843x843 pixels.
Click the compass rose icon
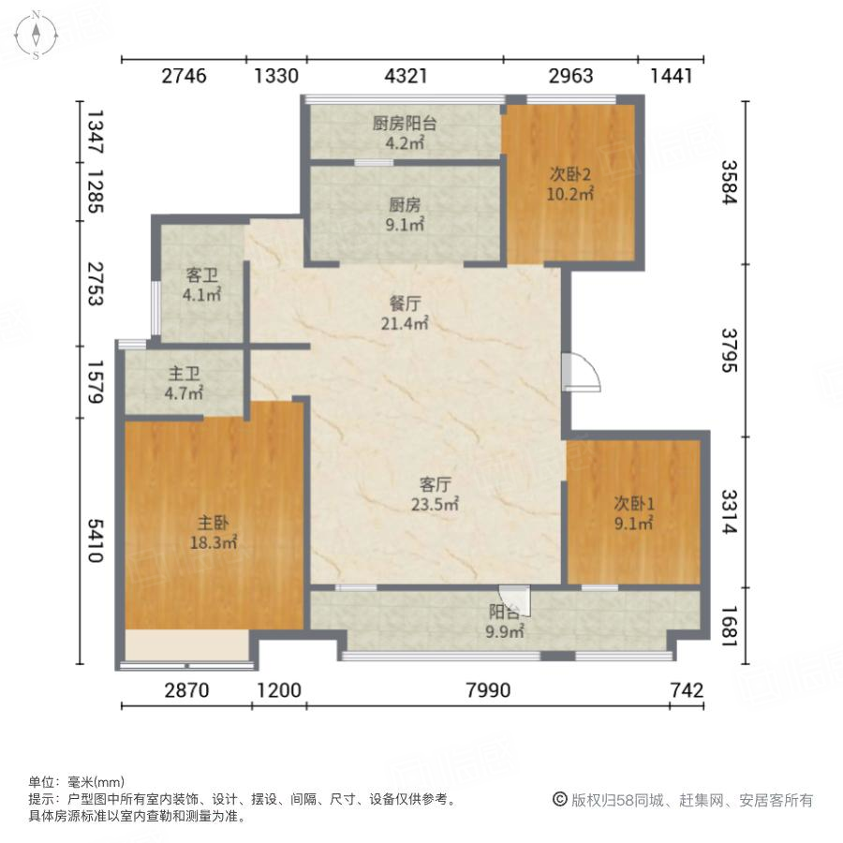(x=35, y=36)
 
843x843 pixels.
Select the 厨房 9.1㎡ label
(x=405, y=214)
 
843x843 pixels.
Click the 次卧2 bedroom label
(x=571, y=184)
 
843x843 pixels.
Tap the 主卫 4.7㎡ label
(x=184, y=384)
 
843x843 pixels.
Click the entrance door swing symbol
(x=579, y=371)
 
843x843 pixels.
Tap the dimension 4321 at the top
(x=405, y=76)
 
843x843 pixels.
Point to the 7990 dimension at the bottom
(x=487, y=691)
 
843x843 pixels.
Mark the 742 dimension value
(x=687, y=691)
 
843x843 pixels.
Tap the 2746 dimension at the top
(x=184, y=76)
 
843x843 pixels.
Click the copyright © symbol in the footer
(x=559, y=800)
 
